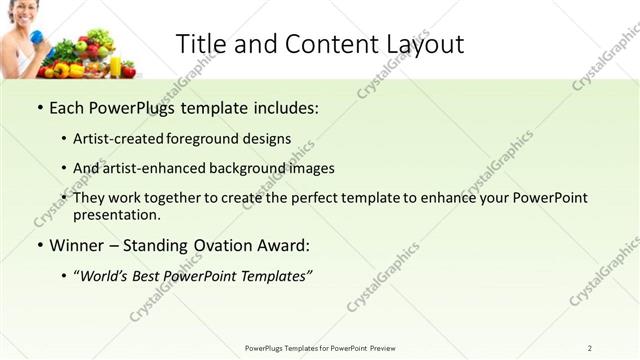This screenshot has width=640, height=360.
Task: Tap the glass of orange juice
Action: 115,66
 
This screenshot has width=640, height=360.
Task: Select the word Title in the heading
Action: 200,44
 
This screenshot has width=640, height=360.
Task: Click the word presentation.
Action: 116,214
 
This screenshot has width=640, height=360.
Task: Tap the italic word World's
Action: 109,275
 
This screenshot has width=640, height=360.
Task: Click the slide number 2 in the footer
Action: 589,348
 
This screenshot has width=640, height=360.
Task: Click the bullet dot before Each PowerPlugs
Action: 39,107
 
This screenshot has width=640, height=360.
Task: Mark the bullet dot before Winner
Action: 39,245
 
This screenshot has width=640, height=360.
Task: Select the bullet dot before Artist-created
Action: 64,139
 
